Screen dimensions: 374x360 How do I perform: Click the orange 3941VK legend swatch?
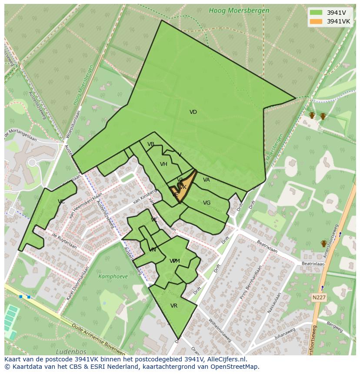(316, 21)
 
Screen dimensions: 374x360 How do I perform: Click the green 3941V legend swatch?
(316, 13)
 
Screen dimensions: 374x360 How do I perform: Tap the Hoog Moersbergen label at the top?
(239, 10)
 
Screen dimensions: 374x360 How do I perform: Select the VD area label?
(193, 112)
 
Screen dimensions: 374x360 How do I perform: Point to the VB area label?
(150, 144)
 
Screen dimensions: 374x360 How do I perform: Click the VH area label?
(163, 164)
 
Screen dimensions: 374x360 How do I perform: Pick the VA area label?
(206, 180)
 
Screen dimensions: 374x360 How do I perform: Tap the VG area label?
(207, 203)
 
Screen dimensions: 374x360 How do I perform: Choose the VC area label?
(61, 202)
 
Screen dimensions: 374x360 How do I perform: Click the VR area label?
(174, 306)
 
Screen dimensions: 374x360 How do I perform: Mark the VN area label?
(152, 250)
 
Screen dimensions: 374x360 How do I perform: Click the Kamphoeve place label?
(113, 276)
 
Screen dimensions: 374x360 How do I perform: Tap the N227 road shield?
(319, 298)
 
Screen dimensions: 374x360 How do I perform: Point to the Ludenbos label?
(71, 351)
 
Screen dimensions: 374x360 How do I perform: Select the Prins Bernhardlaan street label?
(248, 283)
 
